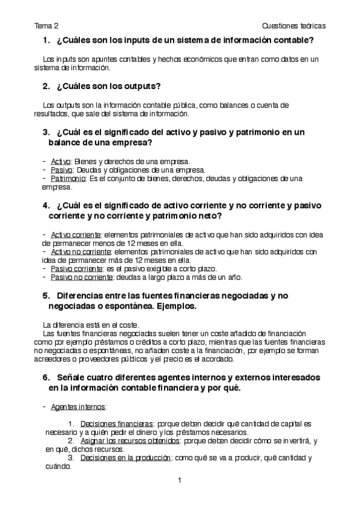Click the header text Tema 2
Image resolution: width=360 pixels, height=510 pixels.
point(46,26)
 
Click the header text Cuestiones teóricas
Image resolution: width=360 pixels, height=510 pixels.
point(294,26)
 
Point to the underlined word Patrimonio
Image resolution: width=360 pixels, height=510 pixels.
point(68,179)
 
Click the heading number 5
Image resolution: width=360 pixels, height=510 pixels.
point(46,296)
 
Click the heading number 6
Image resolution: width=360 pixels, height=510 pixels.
point(46,377)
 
